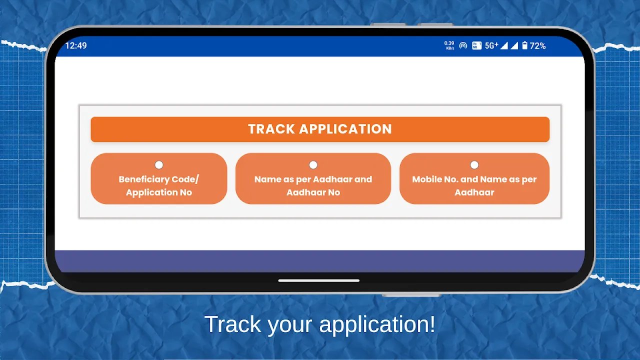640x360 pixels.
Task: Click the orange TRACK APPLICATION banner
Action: pyautogui.click(x=320, y=129)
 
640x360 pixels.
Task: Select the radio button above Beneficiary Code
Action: pyautogui.click(x=159, y=165)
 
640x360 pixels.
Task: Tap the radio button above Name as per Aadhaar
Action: pyautogui.click(x=313, y=165)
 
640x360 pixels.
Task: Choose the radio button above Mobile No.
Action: pyautogui.click(x=474, y=165)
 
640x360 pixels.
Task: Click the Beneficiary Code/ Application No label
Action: pyautogui.click(x=159, y=185)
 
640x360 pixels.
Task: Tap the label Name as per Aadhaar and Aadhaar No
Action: pyautogui.click(x=313, y=185)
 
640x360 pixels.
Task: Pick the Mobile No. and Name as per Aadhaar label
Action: pyautogui.click(x=474, y=185)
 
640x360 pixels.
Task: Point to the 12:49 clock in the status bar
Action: pyautogui.click(x=76, y=45)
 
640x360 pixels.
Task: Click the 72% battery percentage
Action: pyautogui.click(x=537, y=45)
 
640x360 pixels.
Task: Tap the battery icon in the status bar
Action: pyautogui.click(x=525, y=45)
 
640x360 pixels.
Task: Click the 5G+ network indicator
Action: pyautogui.click(x=491, y=45)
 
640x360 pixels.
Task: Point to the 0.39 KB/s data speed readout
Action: pyautogui.click(x=449, y=45)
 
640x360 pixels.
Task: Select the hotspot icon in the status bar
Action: pyautogui.click(x=463, y=45)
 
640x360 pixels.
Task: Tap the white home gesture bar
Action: pyautogui.click(x=319, y=280)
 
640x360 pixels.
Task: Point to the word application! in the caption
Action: pyautogui.click(x=377, y=325)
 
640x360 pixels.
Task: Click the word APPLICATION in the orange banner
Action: pyautogui.click(x=345, y=129)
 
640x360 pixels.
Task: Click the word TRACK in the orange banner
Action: pyautogui.click(x=271, y=129)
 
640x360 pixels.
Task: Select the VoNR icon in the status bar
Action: pyautogui.click(x=476, y=45)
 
